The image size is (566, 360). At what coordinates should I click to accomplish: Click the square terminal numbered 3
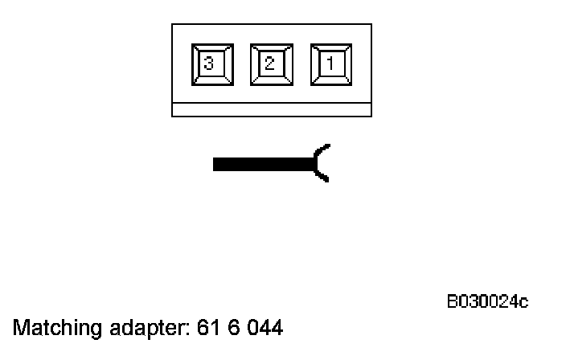[211, 65]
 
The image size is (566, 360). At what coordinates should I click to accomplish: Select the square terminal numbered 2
[270, 65]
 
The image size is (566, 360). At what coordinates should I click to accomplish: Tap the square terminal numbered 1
[330, 65]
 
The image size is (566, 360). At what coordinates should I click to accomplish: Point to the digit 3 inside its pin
[209, 64]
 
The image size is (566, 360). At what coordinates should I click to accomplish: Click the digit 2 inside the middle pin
[269, 63]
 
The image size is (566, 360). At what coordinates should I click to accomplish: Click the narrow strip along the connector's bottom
[271, 110]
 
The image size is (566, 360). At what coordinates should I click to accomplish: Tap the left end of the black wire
[215, 164]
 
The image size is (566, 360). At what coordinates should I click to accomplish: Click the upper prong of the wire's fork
[322, 151]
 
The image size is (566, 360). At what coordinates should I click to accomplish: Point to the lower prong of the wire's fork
[322, 176]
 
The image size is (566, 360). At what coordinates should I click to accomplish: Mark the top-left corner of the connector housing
[172, 24]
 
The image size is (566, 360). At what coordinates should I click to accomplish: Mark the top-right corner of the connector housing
[371, 24]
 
